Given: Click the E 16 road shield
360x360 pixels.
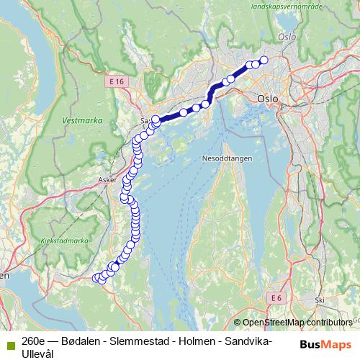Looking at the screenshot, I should coord(117,83).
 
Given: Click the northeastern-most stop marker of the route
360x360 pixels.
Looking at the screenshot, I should coord(264,60).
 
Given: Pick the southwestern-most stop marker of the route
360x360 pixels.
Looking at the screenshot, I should coord(96,277).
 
